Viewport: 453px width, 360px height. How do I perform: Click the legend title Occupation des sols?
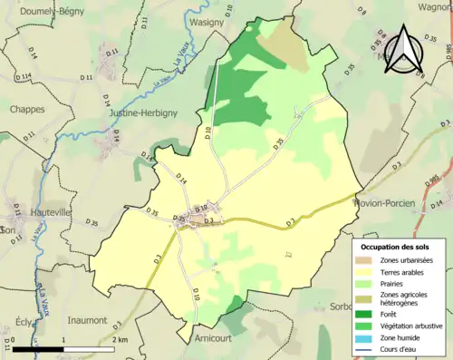point(396,246)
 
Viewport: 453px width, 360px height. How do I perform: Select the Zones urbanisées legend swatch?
point(367,259)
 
